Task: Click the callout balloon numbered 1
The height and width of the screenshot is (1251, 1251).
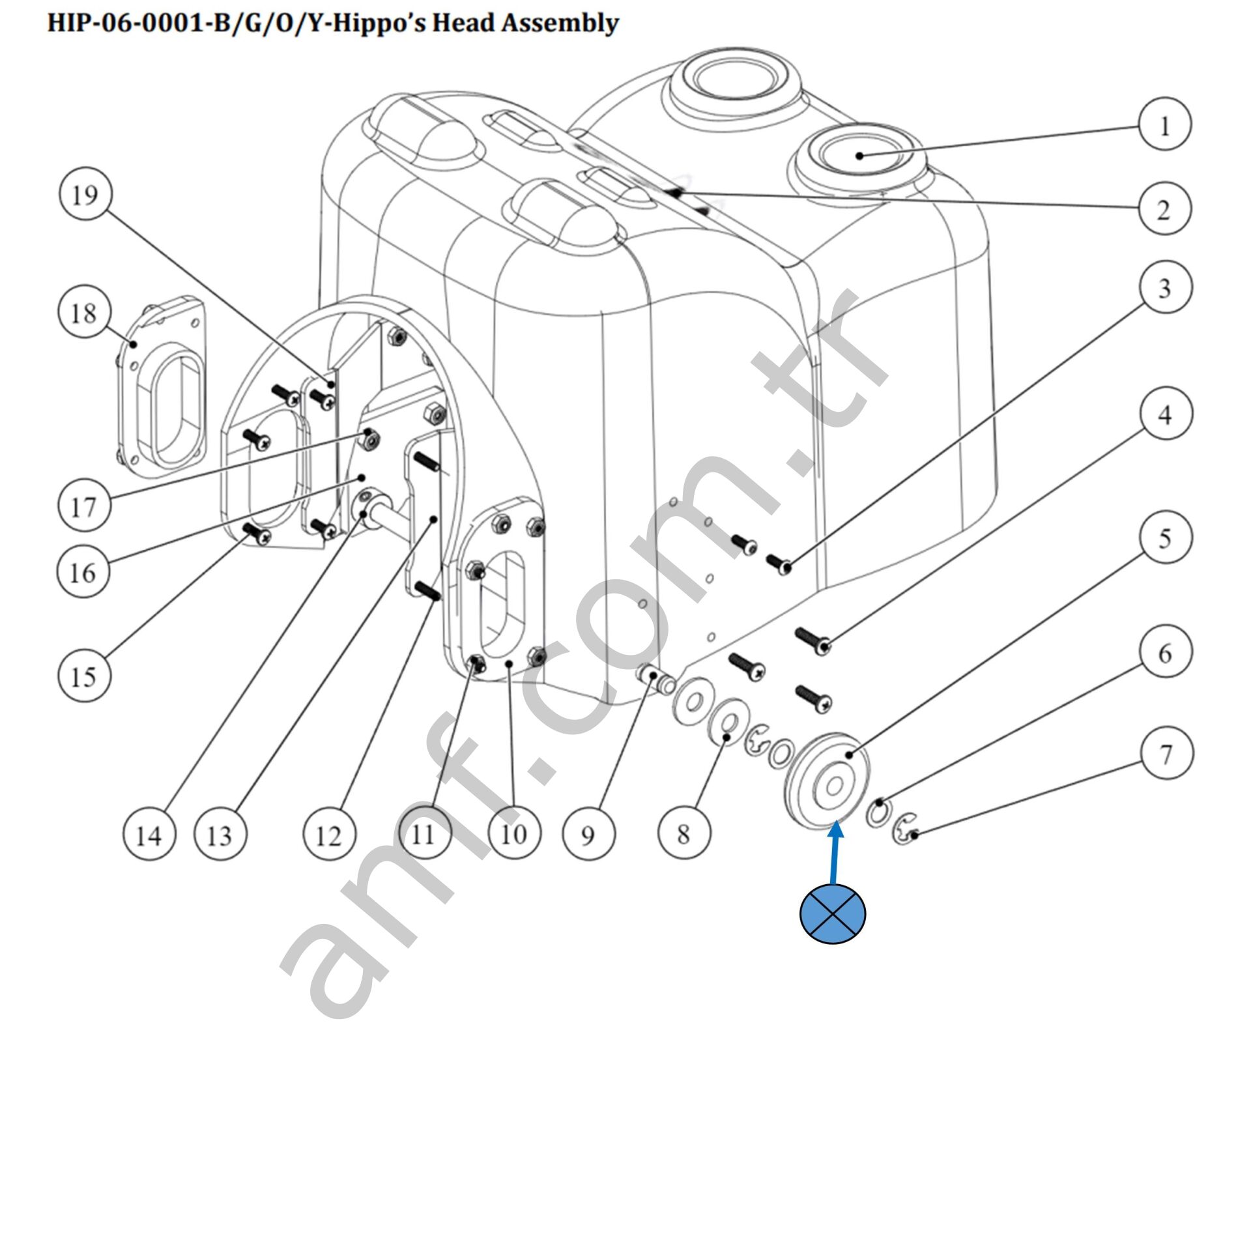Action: [1165, 124]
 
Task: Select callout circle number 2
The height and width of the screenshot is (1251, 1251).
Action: [1165, 208]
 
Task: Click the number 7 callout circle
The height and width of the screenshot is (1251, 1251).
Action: [1166, 754]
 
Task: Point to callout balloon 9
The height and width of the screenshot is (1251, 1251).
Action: [588, 835]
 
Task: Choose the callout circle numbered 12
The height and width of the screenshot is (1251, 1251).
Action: [330, 835]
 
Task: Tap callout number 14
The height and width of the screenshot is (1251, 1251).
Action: [149, 835]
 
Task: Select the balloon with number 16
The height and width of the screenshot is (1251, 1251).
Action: [83, 572]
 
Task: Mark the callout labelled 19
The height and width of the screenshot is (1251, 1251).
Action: [85, 194]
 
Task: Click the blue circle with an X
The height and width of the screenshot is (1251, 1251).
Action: [833, 913]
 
